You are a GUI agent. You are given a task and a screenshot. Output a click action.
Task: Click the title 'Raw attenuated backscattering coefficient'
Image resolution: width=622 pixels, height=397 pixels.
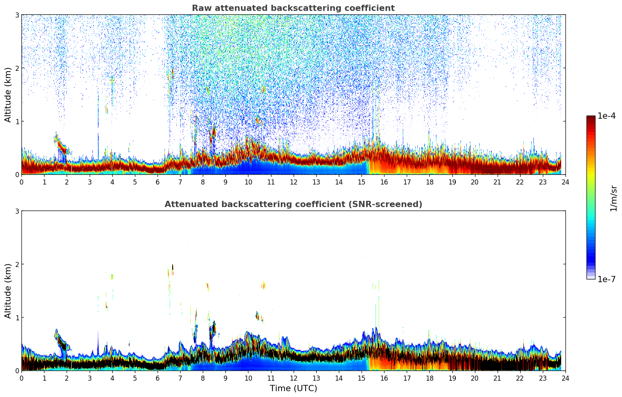click(x=293, y=8)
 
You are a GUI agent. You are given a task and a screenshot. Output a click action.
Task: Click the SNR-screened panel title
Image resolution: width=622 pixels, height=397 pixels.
click(x=293, y=204)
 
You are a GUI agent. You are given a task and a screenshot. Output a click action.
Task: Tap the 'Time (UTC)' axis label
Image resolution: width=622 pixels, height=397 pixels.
click(x=293, y=388)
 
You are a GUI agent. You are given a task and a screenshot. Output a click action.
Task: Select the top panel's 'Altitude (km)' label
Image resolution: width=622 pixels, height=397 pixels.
click(x=8, y=95)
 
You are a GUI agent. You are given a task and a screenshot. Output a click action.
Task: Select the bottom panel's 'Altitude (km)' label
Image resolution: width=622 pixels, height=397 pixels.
click(x=8, y=291)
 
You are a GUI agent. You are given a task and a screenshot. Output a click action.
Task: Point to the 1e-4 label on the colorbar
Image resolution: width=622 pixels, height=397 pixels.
click(x=606, y=116)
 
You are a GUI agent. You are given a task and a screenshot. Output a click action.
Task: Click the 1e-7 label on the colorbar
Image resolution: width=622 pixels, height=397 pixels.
click(x=606, y=279)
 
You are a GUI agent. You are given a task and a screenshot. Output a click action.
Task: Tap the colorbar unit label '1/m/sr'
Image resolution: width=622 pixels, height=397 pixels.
click(x=613, y=198)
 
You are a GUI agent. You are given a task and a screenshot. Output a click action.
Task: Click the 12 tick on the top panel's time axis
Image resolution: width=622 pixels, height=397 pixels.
click(x=293, y=182)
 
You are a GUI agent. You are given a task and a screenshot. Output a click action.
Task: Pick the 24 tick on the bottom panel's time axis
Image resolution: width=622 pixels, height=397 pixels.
click(x=565, y=378)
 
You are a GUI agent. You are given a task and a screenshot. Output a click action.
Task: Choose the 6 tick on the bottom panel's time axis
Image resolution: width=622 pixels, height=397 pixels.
click(x=158, y=378)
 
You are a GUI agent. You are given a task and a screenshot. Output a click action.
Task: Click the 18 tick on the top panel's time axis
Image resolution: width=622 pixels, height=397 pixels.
click(x=429, y=182)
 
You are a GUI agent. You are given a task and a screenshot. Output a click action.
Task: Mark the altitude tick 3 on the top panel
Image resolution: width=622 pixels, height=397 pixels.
click(x=17, y=15)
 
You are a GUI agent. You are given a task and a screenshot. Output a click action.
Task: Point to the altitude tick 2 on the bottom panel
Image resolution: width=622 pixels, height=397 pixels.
click(x=17, y=264)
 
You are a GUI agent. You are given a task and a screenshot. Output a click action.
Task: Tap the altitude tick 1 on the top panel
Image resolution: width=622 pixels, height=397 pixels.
click(x=17, y=121)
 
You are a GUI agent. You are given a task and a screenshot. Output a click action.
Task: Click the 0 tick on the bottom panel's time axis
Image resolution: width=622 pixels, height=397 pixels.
click(x=21, y=378)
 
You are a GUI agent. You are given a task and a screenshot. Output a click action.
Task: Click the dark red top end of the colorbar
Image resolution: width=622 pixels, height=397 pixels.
click(x=591, y=118)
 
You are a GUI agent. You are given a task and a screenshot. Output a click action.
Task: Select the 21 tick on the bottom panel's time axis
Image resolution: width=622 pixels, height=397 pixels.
click(x=497, y=378)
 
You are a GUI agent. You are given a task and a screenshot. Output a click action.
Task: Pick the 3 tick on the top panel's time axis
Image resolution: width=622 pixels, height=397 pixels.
click(x=90, y=182)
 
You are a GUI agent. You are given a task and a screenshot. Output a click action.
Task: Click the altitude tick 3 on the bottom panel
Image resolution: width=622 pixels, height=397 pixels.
click(x=17, y=211)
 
